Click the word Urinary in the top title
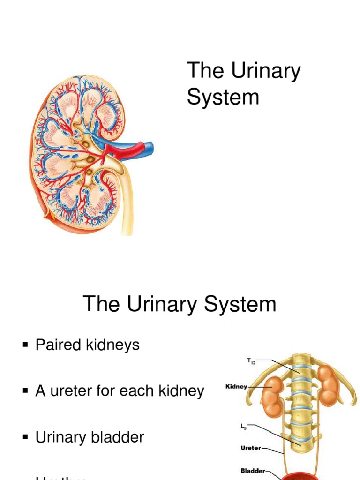pos(265,72)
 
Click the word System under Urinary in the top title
pos(223,97)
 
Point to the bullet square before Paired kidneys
pos(26,346)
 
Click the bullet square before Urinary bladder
pos(26,437)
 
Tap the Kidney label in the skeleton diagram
pos(236,387)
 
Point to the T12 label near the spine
pos(251,361)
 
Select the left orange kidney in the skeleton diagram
pos(272,396)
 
